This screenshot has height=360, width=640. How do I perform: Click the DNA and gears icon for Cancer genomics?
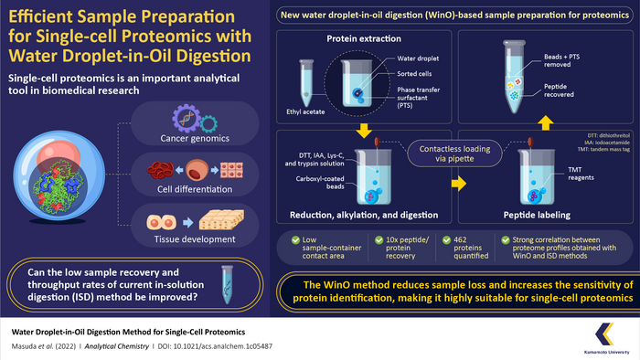(189, 119)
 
